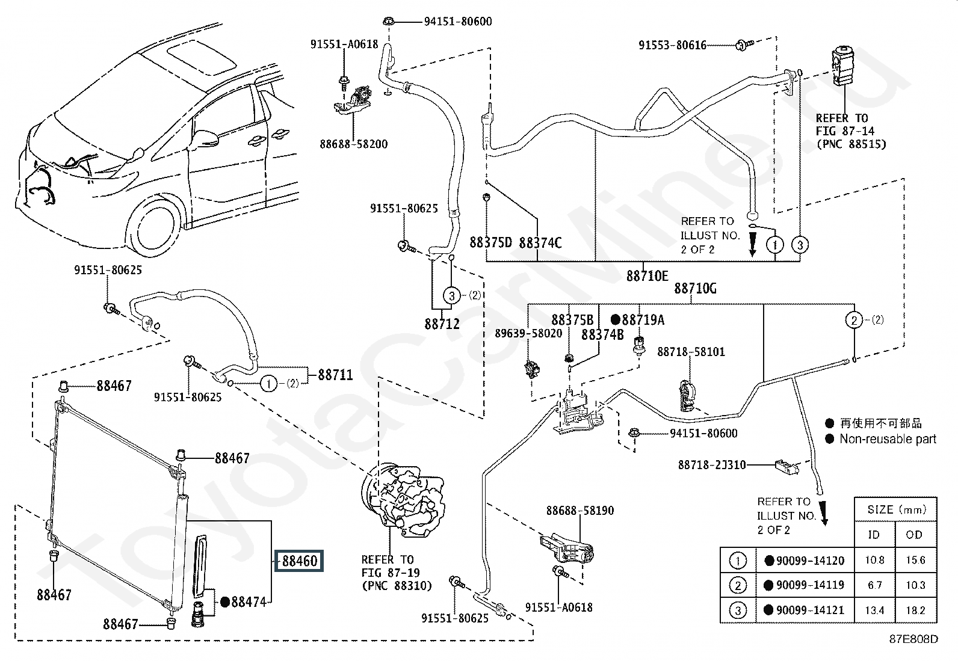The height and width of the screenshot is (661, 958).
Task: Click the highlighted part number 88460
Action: point(300,561)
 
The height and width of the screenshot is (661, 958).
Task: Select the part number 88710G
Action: point(695,288)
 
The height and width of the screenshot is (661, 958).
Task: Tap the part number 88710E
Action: point(647,276)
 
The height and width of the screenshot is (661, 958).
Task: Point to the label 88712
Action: point(442,324)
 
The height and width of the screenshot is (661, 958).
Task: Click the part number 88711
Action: point(335,375)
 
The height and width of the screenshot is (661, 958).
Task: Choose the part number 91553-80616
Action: point(672,45)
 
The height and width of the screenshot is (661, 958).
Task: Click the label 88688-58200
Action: point(353,144)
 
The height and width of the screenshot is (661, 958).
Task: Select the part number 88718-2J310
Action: point(712,465)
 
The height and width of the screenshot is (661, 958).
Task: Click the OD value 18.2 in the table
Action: point(915,610)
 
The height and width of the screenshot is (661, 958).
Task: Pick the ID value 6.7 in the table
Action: point(874,585)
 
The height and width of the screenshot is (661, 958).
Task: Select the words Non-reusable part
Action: point(888,439)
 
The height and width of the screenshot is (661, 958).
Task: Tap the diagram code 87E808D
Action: point(915,639)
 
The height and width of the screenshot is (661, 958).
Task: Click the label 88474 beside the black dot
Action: point(248,601)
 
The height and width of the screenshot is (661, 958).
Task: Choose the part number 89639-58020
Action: point(528,333)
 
